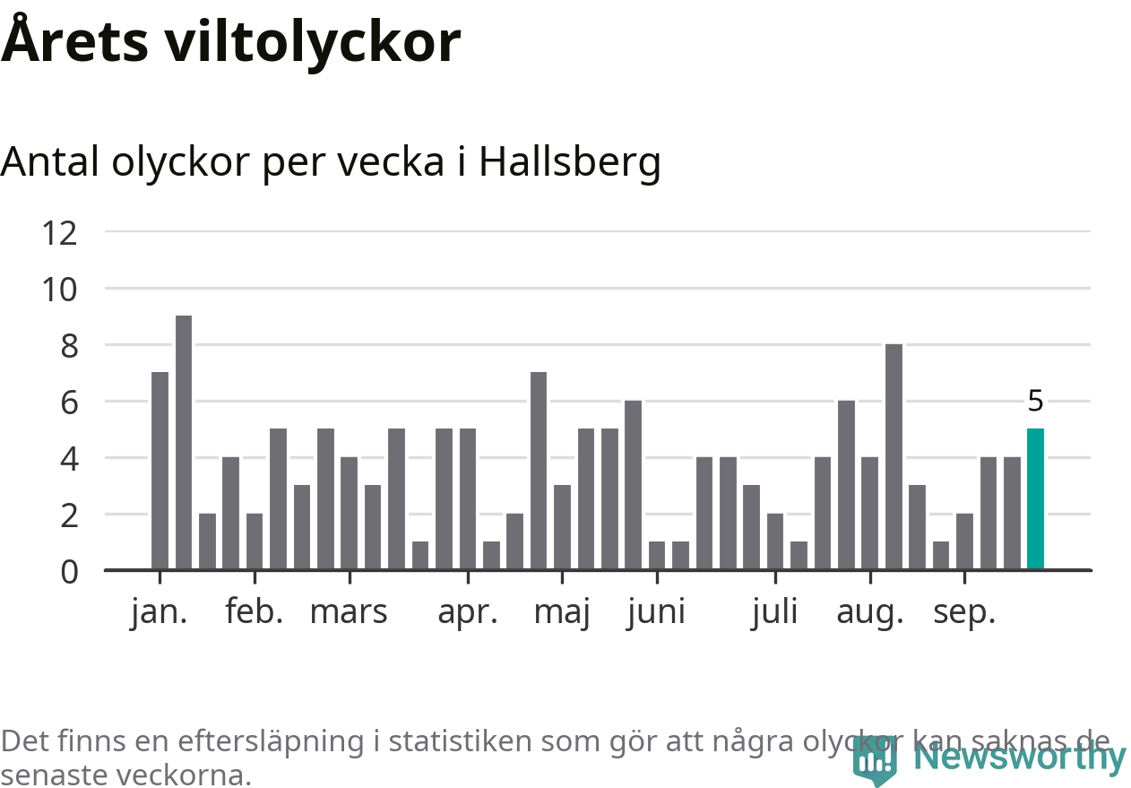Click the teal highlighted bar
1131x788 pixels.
coord(1035,498)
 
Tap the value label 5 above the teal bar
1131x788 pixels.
coord(1035,402)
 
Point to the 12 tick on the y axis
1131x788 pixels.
coord(60,233)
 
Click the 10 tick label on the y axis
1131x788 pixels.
coord(60,290)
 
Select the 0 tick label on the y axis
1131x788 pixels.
coord(70,571)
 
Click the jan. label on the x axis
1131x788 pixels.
coord(160,612)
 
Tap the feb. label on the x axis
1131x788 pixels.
coord(255,612)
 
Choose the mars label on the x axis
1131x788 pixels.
coord(349,612)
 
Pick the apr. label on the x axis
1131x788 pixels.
coord(467,612)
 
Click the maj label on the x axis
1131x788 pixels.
coord(562,614)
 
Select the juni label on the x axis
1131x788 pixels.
coord(656,612)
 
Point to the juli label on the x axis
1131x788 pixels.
coord(774,612)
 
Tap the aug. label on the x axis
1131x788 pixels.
coord(869,614)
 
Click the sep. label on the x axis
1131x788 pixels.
coord(964,614)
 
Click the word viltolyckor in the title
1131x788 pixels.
coord(312,41)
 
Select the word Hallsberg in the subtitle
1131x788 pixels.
coord(570,161)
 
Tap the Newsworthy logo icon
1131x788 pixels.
coord(874,761)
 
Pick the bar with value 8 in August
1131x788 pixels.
coord(894,456)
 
